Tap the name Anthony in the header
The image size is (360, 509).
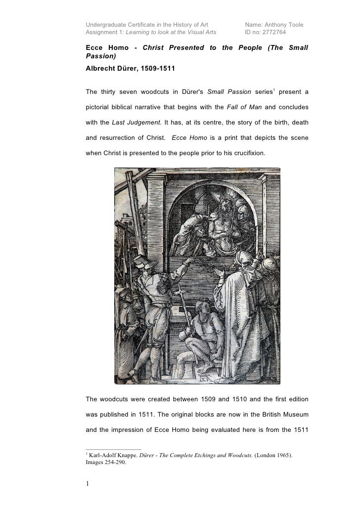coord(277,24)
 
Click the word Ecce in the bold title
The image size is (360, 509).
coord(95,48)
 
